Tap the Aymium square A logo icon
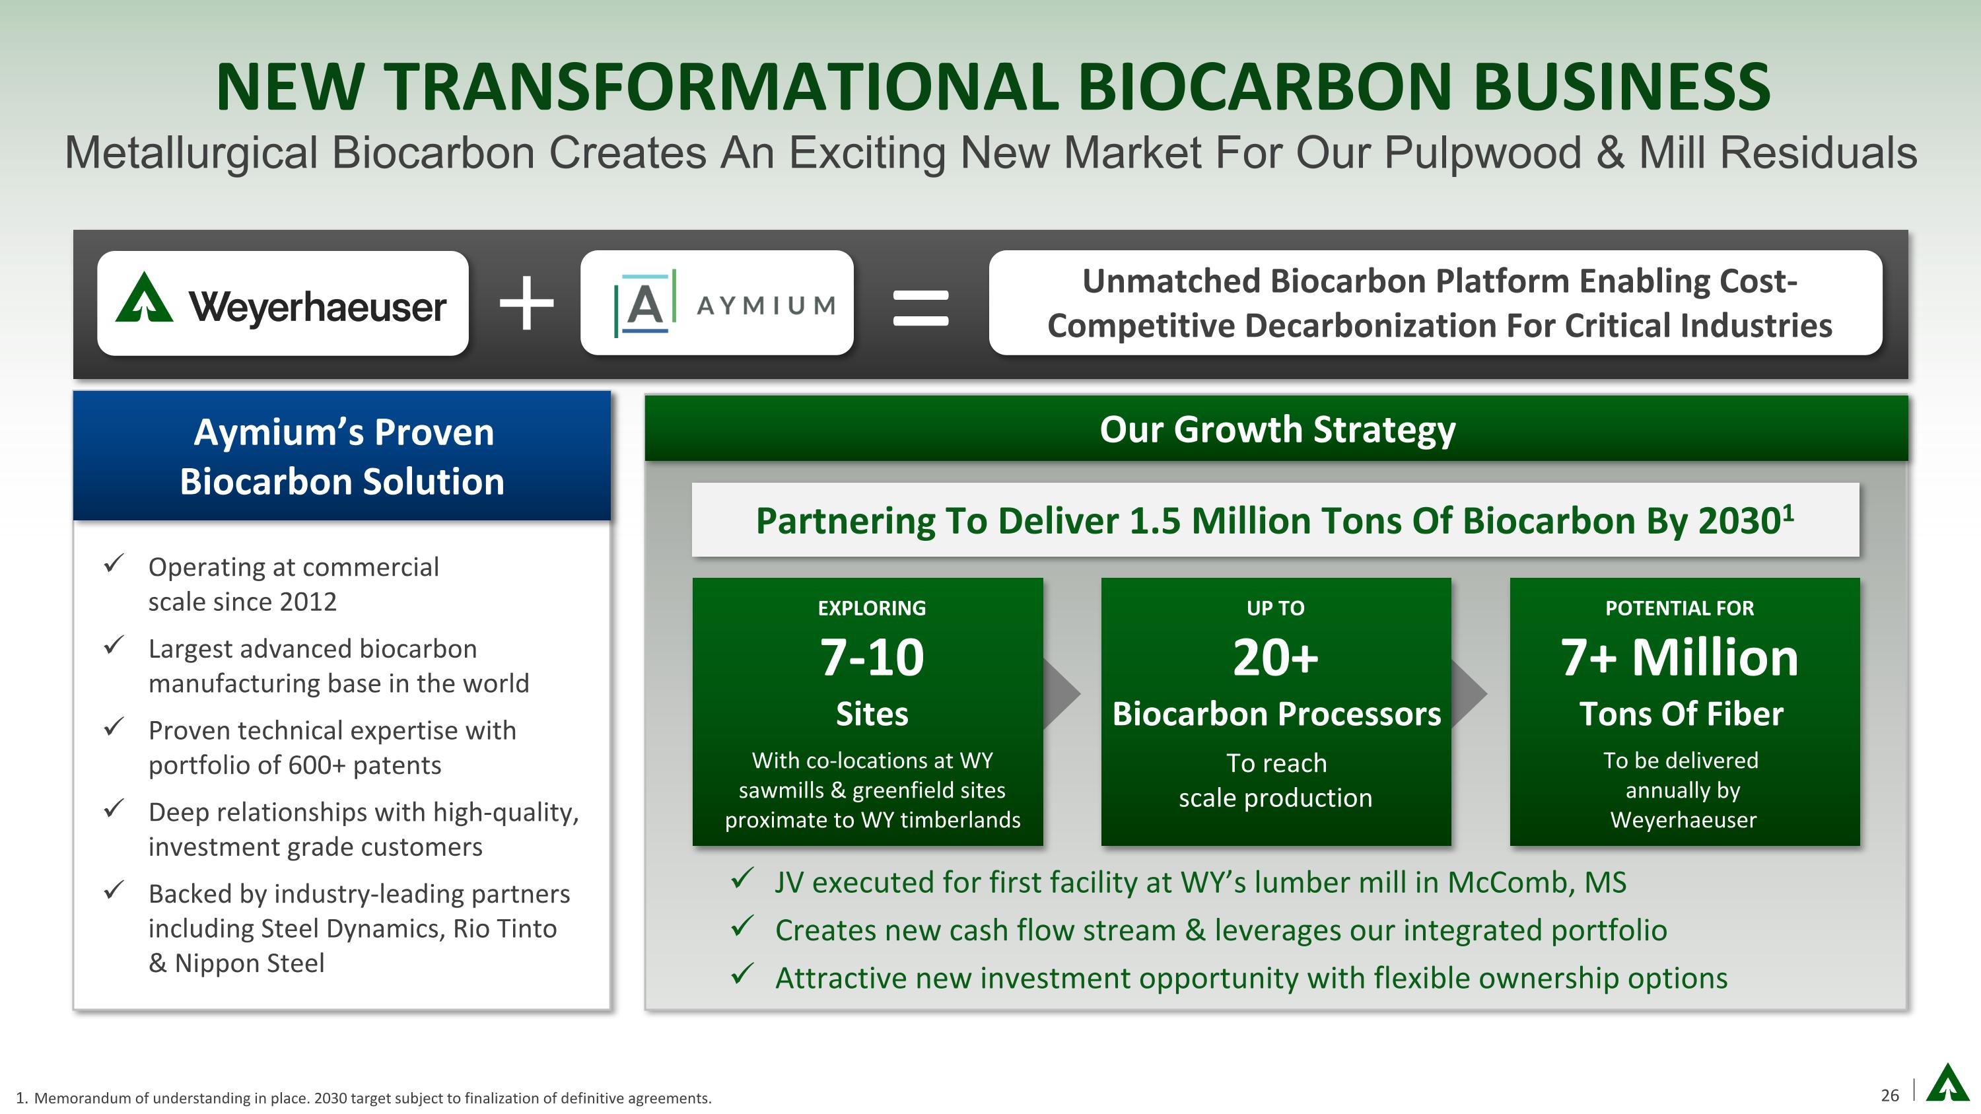645,304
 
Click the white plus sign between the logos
527,303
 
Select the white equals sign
921,307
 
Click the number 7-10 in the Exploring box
872,658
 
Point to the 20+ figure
1276,658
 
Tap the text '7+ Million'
1681,658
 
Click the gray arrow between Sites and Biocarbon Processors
1061,693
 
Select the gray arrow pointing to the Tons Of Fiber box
1469,693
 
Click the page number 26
1891,1095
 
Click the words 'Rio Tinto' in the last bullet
504,928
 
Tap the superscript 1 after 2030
1788,511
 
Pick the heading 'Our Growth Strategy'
1277,429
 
